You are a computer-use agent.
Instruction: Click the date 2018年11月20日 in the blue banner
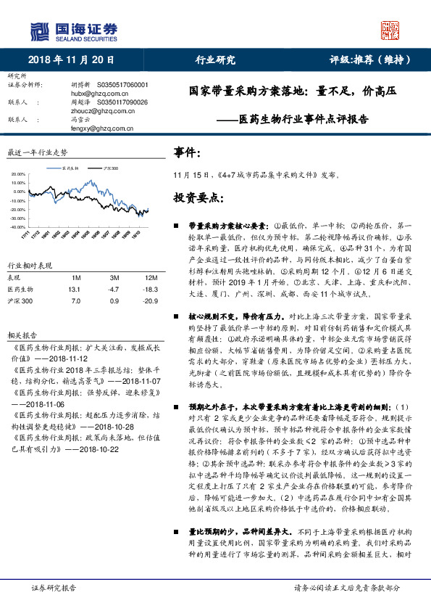coord(67,60)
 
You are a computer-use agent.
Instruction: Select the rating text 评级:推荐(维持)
coord(370,60)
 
